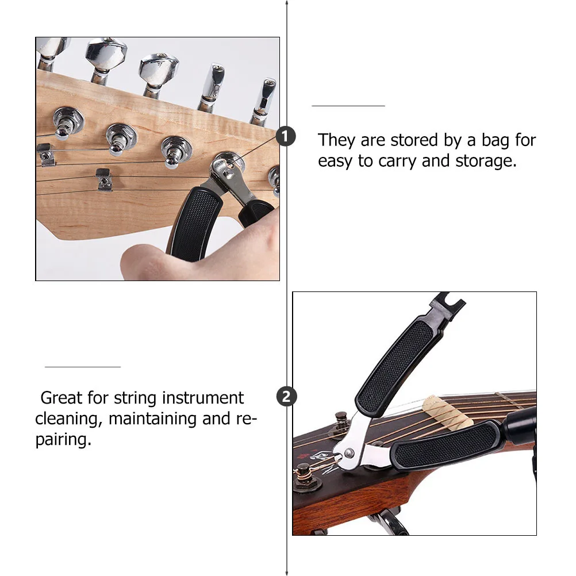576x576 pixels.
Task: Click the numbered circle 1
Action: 286,137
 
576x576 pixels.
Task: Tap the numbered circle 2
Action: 286,397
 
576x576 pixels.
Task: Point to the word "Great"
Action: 62,398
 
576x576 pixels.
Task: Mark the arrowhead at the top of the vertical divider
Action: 287,3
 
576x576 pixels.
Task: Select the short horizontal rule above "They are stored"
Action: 348,106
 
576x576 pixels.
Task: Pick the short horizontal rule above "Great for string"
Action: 83,366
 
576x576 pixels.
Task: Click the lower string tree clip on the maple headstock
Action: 103,179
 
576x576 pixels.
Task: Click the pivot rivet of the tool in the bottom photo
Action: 349,455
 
